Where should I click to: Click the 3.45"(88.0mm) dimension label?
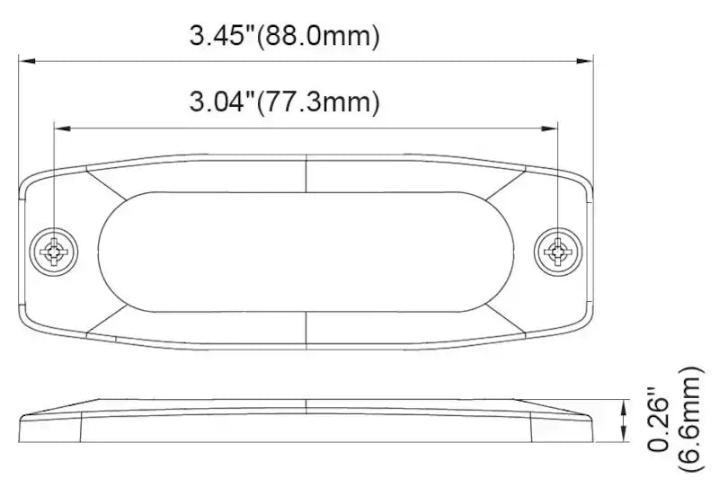(x=285, y=37)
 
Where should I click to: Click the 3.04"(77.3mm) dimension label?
(x=283, y=102)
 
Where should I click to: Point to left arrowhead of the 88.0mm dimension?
(x=27, y=61)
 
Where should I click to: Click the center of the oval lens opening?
(x=306, y=251)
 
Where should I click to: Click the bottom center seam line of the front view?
(x=306, y=330)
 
